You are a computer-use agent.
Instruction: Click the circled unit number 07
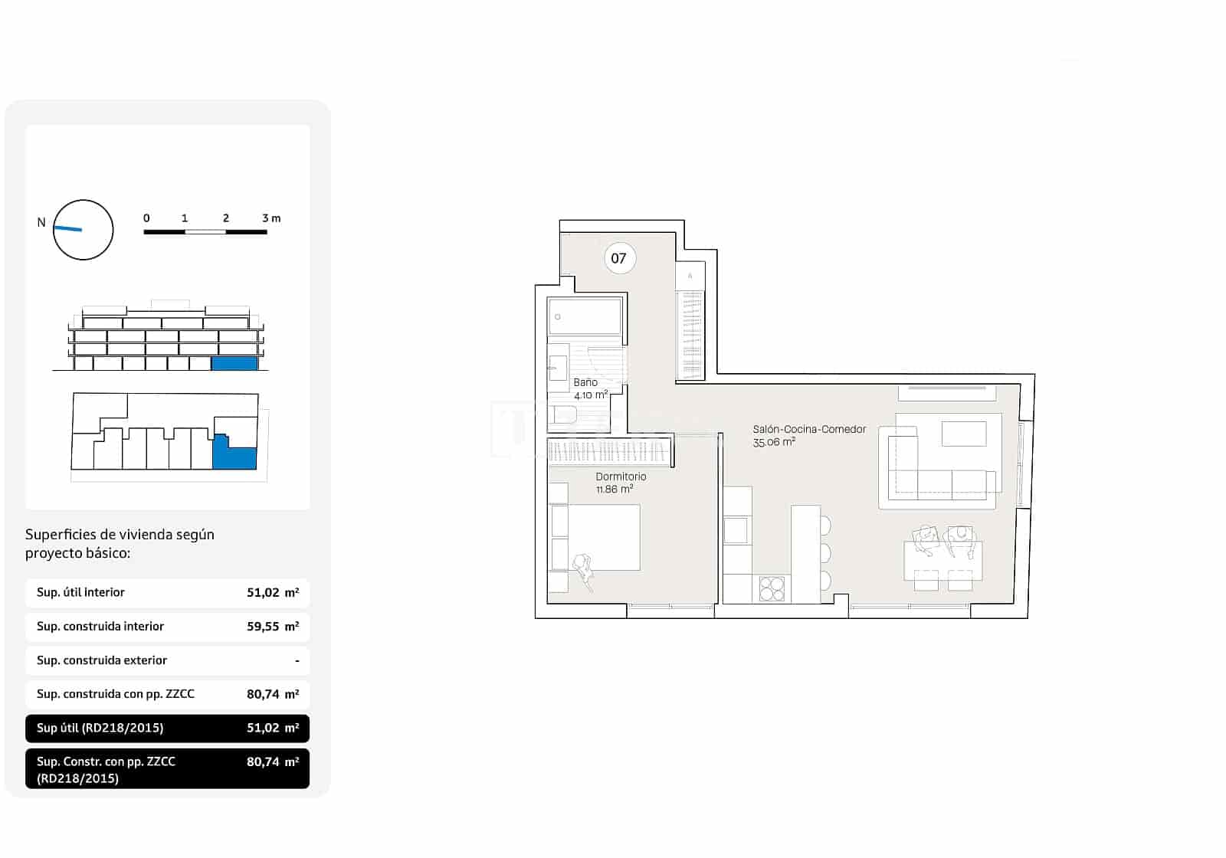click(x=618, y=258)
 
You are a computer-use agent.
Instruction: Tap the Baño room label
click(x=585, y=382)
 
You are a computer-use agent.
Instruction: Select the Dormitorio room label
click(x=621, y=476)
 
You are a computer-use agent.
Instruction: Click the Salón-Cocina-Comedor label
click(x=809, y=429)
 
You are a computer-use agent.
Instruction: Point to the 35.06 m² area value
click(x=774, y=442)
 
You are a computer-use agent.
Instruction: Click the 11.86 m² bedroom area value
click(x=615, y=490)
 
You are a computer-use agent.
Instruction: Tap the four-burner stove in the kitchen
click(x=772, y=588)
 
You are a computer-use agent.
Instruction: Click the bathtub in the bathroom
click(x=585, y=316)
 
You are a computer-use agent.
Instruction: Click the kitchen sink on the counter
click(x=736, y=530)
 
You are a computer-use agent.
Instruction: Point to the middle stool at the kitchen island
click(x=825, y=552)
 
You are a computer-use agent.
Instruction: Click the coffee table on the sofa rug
click(x=964, y=434)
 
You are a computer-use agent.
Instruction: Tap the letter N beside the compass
click(x=41, y=223)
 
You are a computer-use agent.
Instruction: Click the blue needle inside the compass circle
click(x=68, y=228)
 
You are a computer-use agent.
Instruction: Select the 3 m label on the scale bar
click(x=271, y=218)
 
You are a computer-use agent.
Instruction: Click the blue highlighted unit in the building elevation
click(x=234, y=364)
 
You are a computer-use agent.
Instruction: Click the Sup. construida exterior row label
click(x=102, y=660)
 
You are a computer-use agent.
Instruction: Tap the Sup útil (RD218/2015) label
click(x=100, y=728)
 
